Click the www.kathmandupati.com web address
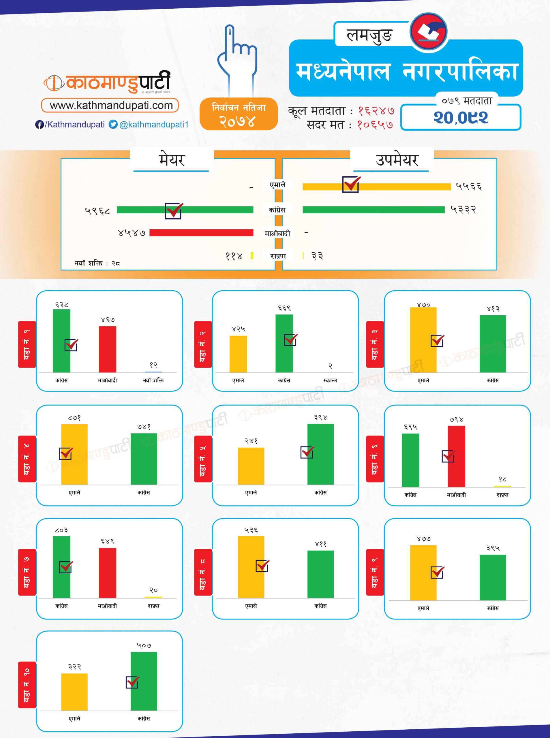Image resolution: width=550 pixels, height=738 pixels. (111, 106)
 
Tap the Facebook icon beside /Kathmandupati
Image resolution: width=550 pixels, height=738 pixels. (39, 125)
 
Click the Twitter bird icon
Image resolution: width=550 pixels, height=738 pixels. (113, 124)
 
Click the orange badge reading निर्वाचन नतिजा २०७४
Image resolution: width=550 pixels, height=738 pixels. (239, 114)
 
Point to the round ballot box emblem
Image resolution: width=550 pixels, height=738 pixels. (429, 31)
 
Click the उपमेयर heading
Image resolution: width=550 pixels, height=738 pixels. (397, 160)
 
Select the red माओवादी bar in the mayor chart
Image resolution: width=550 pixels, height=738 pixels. (201, 232)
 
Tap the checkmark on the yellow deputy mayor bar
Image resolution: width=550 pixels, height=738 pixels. (351, 184)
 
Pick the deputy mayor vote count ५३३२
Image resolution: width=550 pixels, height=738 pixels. (463, 209)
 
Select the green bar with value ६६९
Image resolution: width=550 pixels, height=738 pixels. (284, 343)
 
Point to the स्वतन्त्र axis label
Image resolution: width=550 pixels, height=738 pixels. (330, 380)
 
